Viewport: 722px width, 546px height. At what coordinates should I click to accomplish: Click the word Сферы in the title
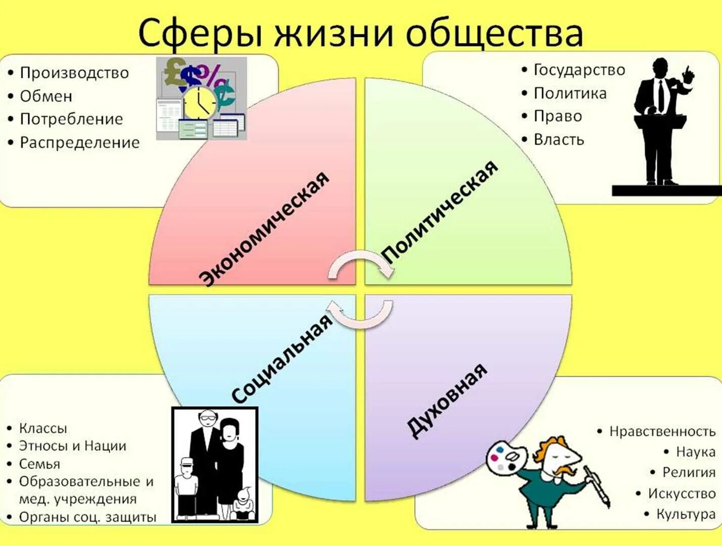click(x=200, y=33)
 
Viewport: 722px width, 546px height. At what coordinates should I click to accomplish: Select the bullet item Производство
click(x=74, y=73)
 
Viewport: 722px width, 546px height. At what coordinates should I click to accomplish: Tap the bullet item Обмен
click(x=46, y=96)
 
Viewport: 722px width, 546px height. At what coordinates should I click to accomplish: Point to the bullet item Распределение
click(x=79, y=143)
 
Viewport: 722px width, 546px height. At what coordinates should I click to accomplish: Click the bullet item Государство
click(x=580, y=70)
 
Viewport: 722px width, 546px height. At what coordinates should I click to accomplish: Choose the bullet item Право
click(x=558, y=116)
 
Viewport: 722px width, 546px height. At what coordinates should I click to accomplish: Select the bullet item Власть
click(x=559, y=140)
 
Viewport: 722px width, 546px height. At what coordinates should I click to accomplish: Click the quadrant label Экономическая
click(x=264, y=229)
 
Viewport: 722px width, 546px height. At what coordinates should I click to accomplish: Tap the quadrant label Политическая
click(x=440, y=211)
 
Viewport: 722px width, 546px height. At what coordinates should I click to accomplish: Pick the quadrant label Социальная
click(x=282, y=358)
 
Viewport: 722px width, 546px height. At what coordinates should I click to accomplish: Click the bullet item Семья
click(x=39, y=464)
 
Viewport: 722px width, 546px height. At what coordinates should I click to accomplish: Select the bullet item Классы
click(x=43, y=428)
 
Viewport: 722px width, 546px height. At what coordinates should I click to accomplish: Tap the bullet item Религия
click(x=689, y=472)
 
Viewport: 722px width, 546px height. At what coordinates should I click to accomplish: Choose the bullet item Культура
click(x=686, y=514)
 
